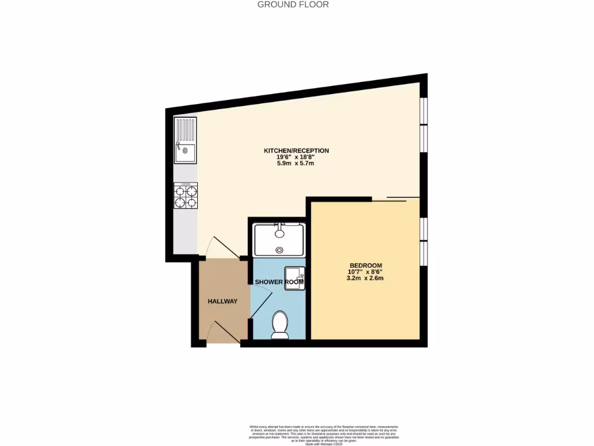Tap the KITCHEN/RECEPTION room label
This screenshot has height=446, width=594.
point(296,151)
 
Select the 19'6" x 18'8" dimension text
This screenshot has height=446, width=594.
point(296,157)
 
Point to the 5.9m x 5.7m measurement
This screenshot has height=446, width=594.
point(296,164)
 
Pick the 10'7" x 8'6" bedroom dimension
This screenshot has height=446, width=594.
point(365,271)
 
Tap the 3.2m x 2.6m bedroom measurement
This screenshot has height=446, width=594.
point(365,278)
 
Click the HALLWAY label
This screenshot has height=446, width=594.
point(223,301)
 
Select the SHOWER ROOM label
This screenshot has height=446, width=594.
point(279,282)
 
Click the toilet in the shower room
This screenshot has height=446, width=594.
point(280,324)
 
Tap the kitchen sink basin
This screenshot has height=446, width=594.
point(186,153)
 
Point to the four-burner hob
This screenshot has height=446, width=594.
point(186,196)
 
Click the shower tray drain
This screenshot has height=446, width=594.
point(280,250)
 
